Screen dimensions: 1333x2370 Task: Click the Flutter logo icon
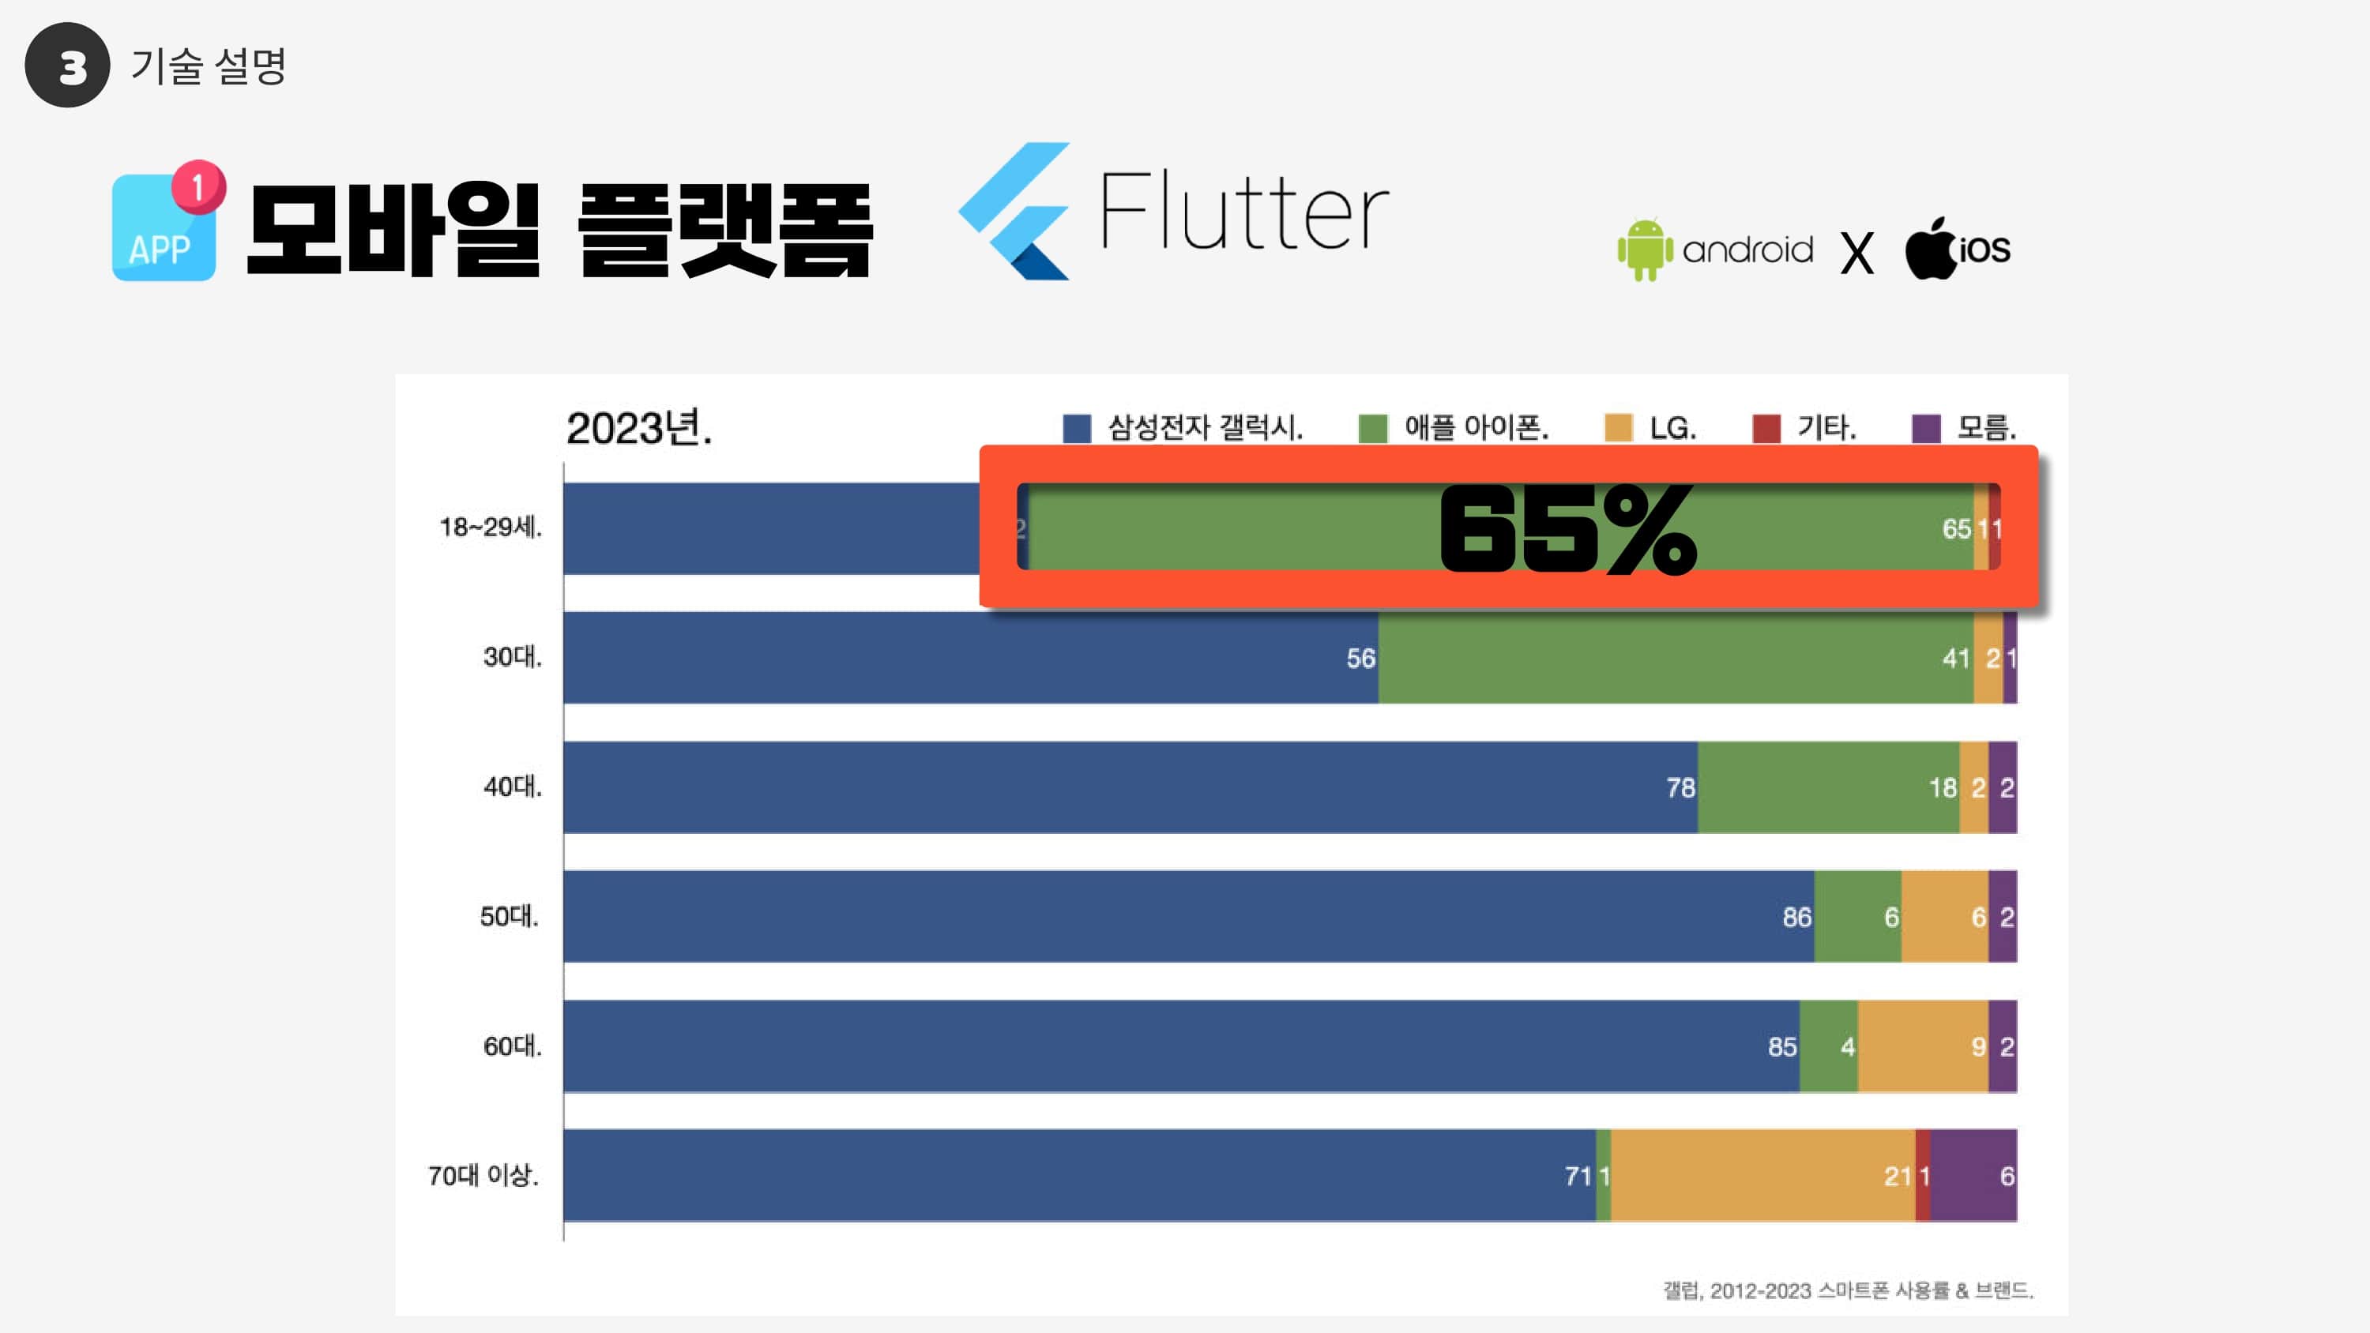click(1015, 211)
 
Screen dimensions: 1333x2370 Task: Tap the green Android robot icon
click(1644, 250)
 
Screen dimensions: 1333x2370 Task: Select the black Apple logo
click(1930, 249)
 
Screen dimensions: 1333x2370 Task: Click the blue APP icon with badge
click(166, 225)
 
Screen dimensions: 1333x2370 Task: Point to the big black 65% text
click(1567, 530)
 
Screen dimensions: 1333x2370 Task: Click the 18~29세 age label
click(491, 528)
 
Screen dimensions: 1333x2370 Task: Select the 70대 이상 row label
click(483, 1176)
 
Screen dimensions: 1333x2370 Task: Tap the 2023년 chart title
click(639, 429)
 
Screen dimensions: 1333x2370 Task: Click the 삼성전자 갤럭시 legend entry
click(1185, 428)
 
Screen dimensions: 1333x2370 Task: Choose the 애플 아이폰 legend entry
click(1455, 428)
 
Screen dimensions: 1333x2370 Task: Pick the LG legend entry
click(1650, 428)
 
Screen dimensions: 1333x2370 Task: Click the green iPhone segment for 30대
click(1675, 658)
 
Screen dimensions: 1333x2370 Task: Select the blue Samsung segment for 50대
click(1187, 916)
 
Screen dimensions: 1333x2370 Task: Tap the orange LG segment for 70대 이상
click(1762, 1176)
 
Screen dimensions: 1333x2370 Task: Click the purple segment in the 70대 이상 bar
click(1973, 1176)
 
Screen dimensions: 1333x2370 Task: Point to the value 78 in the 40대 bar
click(1680, 788)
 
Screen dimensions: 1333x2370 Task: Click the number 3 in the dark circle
click(68, 66)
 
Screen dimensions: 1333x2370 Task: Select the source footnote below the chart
click(1848, 1290)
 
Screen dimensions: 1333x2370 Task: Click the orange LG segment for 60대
click(1922, 1046)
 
